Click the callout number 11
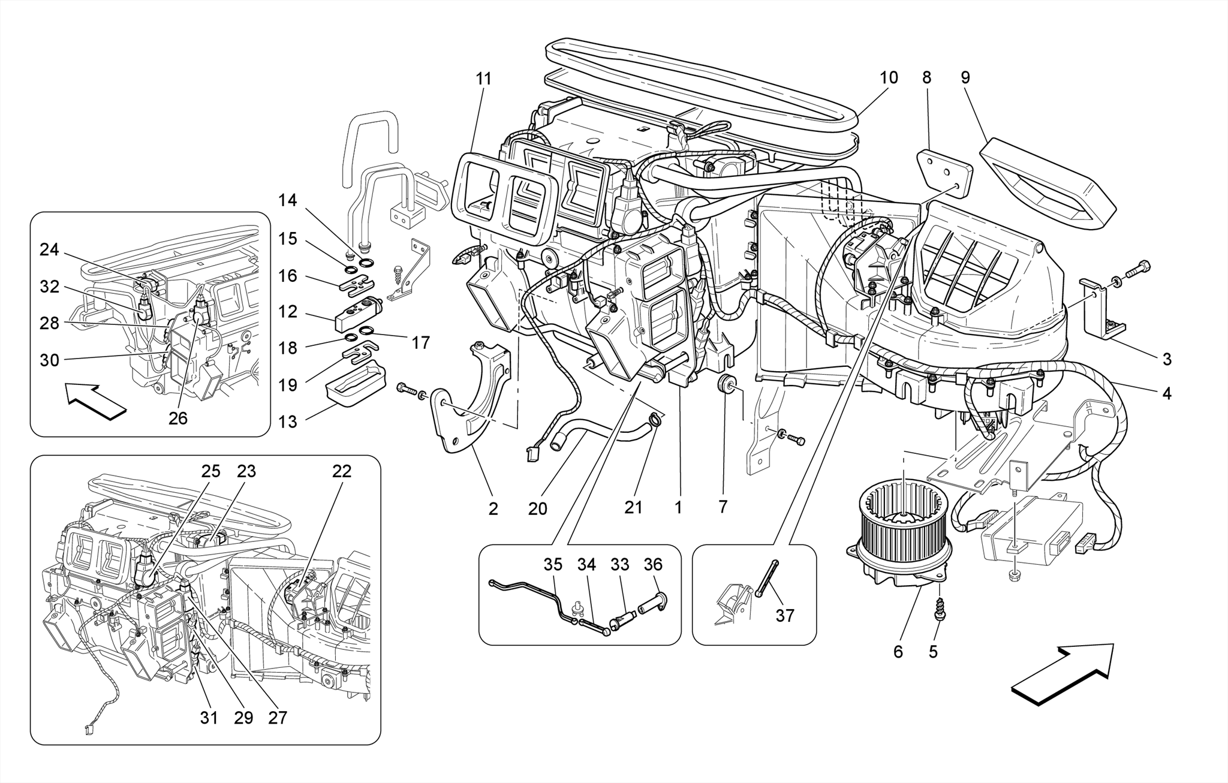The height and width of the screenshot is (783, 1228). tap(483, 79)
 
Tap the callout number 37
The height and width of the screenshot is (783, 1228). tap(784, 616)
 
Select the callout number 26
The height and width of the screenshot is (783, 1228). tap(178, 418)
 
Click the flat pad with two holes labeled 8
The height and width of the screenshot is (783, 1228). tap(944, 171)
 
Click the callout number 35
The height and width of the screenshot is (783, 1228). tap(553, 564)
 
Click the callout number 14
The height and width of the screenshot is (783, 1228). tap(288, 200)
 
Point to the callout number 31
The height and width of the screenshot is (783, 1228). tap(209, 717)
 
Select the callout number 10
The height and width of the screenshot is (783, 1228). tap(889, 78)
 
